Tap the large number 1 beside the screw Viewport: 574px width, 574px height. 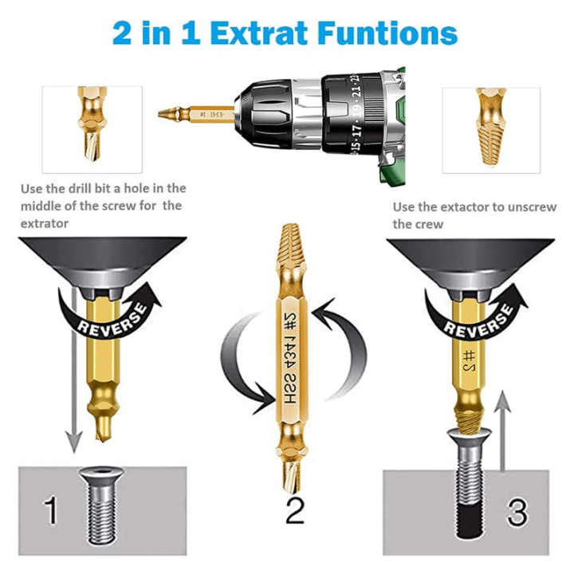click(52, 510)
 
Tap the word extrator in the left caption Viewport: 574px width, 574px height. click(45, 224)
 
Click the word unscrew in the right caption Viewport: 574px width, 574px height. click(538, 207)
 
